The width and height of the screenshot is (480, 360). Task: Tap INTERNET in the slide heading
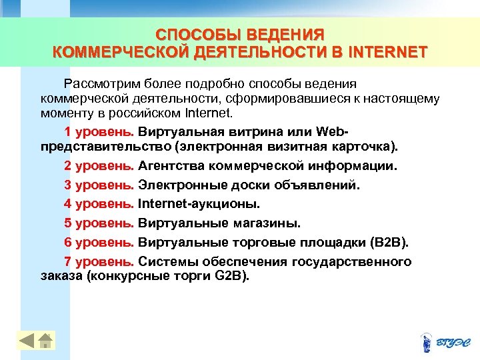(387, 52)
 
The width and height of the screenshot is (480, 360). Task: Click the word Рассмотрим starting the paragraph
(97, 84)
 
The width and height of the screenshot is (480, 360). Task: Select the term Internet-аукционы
(199, 203)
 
